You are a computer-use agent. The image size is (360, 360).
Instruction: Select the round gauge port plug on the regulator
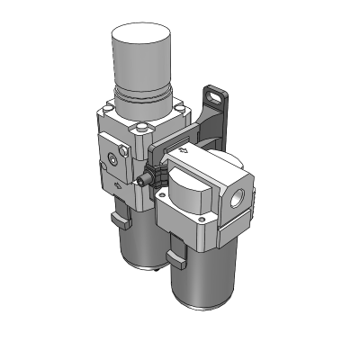point(110,159)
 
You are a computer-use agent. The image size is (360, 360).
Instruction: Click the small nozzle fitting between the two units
point(141,181)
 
